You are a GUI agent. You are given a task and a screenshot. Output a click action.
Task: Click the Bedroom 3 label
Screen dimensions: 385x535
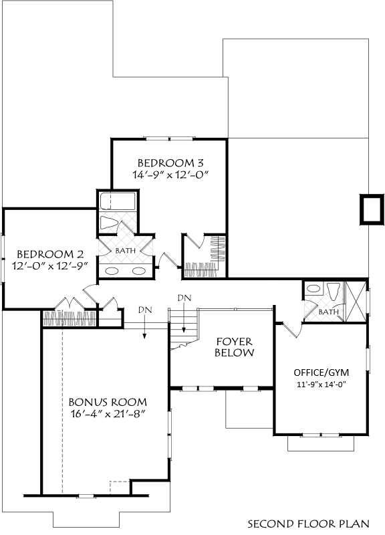[x=170, y=163]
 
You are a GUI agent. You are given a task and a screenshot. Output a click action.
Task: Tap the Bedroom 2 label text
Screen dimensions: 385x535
[x=50, y=254]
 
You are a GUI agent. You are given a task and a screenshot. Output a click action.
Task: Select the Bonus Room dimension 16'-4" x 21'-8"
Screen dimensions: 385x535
[x=108, y=414]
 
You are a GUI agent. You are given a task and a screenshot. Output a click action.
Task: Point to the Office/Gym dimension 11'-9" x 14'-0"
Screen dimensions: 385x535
[x=322, y=385]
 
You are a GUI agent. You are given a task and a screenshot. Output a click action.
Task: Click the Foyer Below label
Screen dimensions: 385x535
[x=235, y=347]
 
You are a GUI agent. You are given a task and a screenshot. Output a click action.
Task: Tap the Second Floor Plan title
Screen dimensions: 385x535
[x=308, y=524]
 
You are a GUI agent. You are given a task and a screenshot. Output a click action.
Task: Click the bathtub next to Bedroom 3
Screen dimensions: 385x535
[x=118, y=202]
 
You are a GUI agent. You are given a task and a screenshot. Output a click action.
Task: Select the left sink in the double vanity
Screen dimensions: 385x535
[x=112, y=272]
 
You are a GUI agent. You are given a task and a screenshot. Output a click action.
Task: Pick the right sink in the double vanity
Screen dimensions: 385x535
[x=139, y=272]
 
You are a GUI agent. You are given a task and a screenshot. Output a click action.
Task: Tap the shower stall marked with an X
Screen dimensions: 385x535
[x=356, y=302]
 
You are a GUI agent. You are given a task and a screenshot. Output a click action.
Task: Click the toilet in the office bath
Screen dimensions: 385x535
[x=334, y=292]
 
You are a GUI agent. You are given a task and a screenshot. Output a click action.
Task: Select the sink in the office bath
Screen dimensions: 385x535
[x=313, y=289]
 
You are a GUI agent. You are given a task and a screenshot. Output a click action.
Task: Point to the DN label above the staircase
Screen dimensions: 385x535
[x=184, y=298]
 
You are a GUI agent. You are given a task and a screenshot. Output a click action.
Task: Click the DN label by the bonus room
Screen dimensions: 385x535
[x=145, y=310]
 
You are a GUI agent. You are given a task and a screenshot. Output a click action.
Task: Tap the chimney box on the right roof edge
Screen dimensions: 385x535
[x=372, y=209]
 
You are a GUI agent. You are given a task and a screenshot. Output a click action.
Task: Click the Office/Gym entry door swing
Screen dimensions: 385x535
[x=293, y=330]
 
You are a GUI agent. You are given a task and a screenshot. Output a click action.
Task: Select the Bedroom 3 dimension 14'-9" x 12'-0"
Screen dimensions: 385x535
[x=170, y=175]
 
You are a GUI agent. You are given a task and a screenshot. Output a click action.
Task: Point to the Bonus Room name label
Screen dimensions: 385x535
[x=108, y=403]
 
